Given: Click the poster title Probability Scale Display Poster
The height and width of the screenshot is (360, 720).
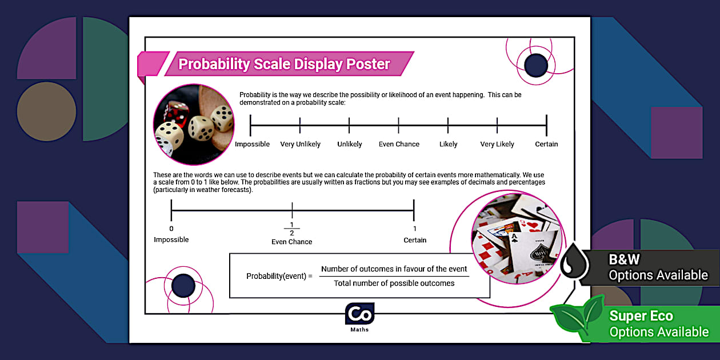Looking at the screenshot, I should (284, 64).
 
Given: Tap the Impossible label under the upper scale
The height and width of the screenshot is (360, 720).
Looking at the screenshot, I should (252, 144).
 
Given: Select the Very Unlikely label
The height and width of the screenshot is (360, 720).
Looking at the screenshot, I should (300, 144).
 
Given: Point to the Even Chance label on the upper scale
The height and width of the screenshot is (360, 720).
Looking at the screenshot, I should (399, 144).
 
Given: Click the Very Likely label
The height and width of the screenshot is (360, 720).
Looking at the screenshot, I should (497, 144).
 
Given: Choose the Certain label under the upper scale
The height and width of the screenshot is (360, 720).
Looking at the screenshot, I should (546, 144).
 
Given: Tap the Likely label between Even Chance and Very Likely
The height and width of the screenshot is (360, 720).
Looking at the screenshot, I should (448, 144).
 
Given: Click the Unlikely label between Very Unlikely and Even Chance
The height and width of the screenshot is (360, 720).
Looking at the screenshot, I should (349, 144).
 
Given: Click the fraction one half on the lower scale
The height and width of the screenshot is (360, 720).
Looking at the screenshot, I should (292, 229).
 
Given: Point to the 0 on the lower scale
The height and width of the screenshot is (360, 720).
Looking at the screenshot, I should (171, 229).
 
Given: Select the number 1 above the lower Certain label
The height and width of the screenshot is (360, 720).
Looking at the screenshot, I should (415, 229).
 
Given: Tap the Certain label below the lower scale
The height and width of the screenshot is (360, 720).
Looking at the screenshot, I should (415, 240).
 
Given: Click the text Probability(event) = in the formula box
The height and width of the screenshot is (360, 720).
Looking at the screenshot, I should (279, 276).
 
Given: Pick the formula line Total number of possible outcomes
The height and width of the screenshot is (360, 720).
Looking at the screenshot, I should (394, 283).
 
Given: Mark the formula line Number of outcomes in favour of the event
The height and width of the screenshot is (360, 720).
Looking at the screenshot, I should (394, 269).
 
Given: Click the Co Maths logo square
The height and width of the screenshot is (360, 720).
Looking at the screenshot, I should (359, 314).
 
